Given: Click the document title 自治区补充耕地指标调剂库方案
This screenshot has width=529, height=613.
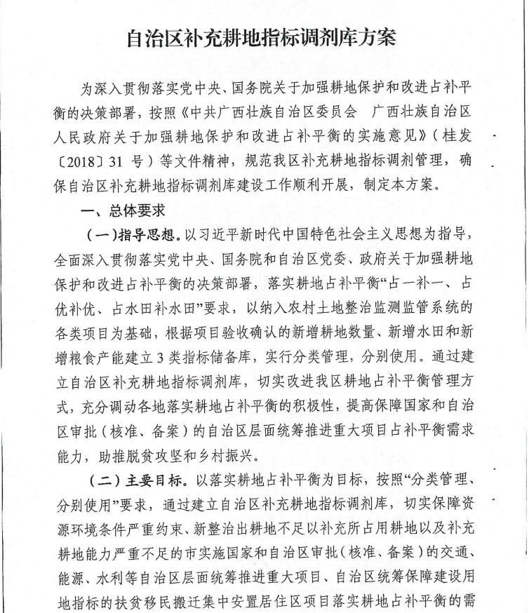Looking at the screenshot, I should click(261, 37).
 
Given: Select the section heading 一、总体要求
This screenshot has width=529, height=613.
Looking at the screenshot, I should click(116, 211).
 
